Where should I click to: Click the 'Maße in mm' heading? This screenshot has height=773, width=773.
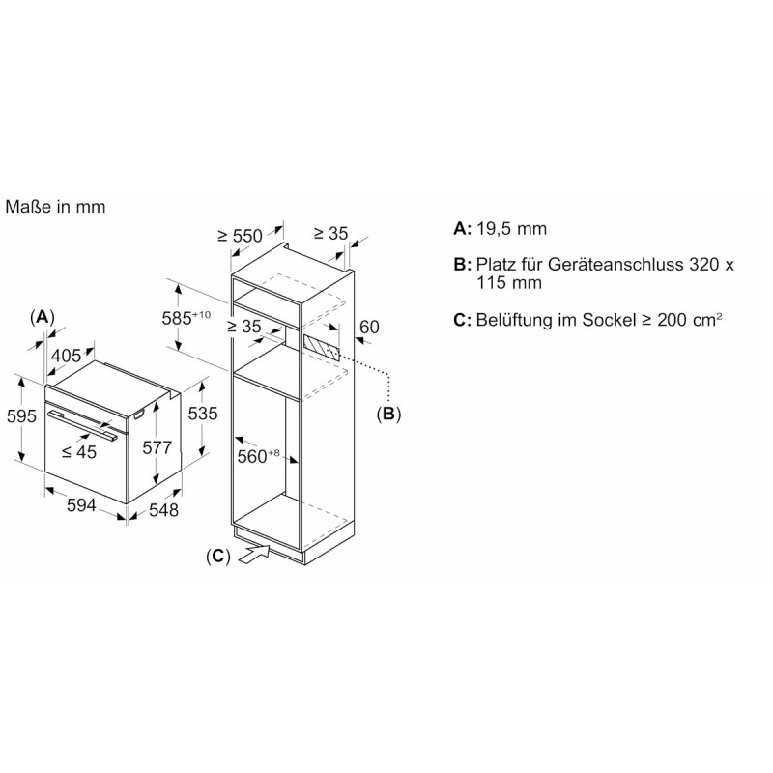point(55,207)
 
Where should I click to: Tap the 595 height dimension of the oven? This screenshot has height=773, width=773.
point(21,416)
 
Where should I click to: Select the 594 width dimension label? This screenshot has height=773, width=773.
point(81,504)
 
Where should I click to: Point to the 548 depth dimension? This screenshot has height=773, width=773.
point(163,510)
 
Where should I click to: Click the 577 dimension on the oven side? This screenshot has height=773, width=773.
point(157,447)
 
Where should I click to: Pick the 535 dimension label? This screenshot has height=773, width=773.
point(203,414)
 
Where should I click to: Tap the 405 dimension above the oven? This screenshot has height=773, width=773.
point(66,355)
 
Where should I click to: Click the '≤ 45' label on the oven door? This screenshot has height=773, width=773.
point(79,451)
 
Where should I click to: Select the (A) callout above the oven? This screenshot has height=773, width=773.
point(42,317)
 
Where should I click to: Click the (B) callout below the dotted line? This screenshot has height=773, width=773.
point(388,414)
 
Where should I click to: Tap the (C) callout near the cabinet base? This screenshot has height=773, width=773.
point(218,557)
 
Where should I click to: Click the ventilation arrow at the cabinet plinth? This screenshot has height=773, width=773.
point(255,553)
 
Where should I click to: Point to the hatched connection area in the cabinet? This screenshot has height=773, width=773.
point(322,349)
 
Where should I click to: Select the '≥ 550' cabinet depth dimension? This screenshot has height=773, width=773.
point(240,236)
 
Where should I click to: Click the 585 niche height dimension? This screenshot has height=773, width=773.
point(186,318)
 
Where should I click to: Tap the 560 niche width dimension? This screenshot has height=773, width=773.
point(258,456)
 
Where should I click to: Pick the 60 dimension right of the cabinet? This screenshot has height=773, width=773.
point(369,327)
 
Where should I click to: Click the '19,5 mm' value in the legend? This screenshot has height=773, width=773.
point(511,229)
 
